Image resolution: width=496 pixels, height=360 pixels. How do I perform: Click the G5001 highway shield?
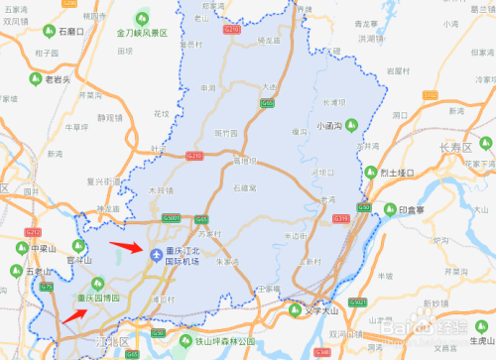pos(171,218)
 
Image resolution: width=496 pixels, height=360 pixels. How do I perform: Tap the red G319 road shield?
pos(340,218)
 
